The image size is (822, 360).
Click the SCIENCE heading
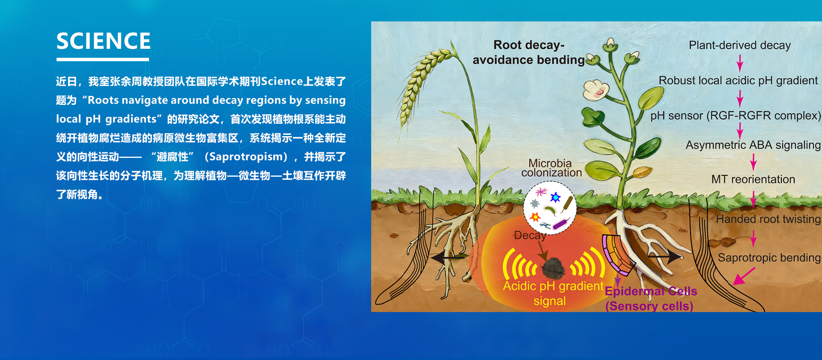coord(104,41)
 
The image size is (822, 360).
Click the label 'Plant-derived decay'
coord(739,45)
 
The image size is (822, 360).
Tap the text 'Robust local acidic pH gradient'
coord(738,80)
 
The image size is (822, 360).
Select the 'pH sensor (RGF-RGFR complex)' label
coord(736,116)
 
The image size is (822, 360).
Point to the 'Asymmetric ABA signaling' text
coord(753,145)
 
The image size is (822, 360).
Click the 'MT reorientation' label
coord(753,179)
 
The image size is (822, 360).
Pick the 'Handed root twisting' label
coord(768,219)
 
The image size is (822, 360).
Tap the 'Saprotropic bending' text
coord(769,258)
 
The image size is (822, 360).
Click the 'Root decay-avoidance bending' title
coord(529,52)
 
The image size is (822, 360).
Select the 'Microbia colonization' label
coord(551,168)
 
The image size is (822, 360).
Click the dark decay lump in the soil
coord(553,268)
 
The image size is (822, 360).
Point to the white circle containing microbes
coord(550,208)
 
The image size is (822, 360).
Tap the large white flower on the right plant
coord(596,90)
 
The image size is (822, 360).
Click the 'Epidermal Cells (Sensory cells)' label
coord(650,299)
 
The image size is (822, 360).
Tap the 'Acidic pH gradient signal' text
coord(553,293)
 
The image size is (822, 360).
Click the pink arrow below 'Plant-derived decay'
coord(739,63)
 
